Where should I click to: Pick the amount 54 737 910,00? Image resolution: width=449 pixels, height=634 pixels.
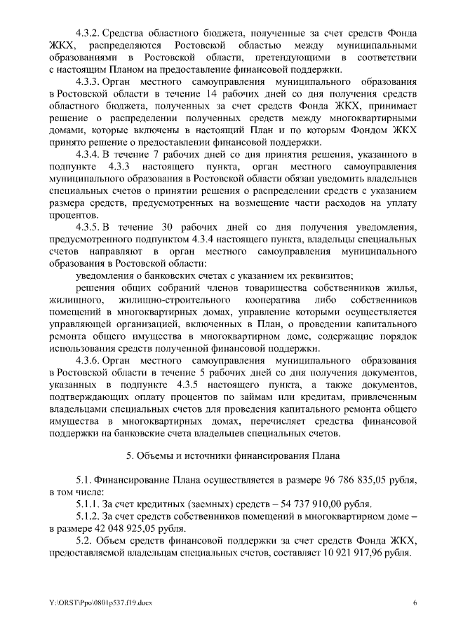coord(304,504)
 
